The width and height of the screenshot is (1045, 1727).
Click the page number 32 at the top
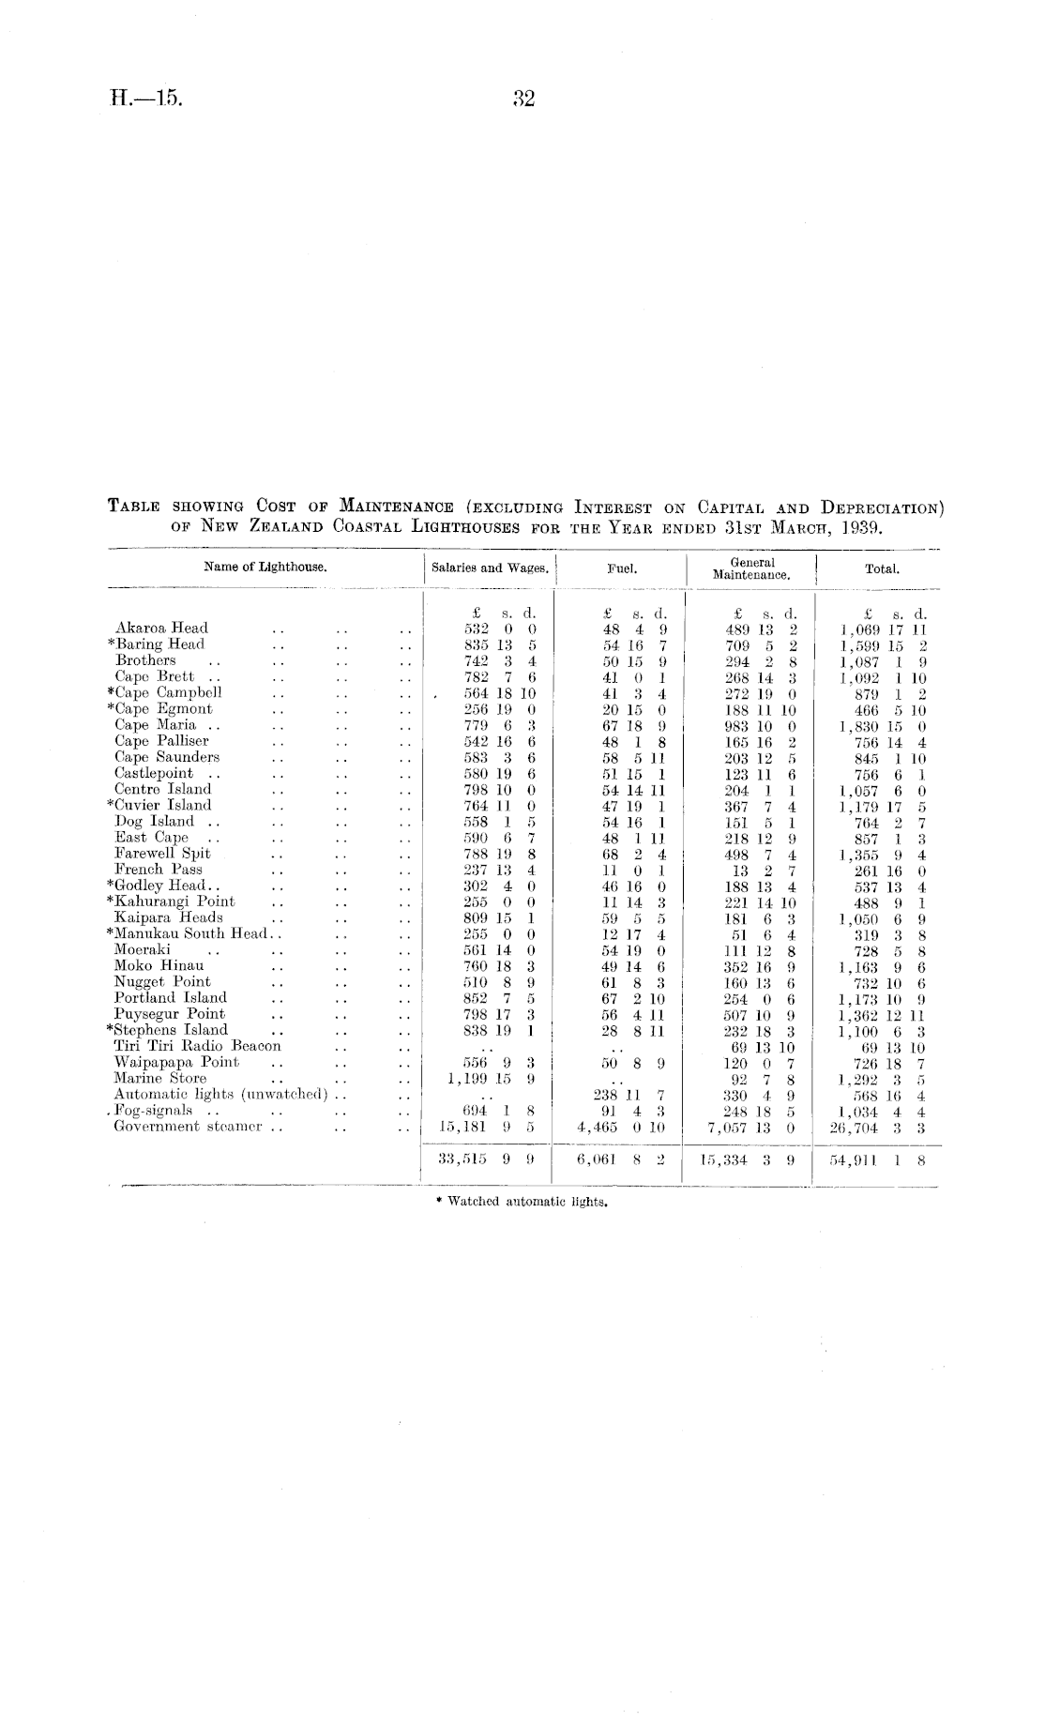(x=522, y=98)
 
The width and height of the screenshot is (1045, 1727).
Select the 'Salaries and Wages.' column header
(x=489, y=568)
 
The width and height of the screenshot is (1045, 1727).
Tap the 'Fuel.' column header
(x=620, y=568)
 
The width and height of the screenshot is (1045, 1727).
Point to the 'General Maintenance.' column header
(x=751, y=568)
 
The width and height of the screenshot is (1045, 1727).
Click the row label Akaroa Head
(x=161, y=628)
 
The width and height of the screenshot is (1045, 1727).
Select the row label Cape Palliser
(x=161, y=740)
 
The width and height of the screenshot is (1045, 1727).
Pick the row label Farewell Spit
(x=162, y=853)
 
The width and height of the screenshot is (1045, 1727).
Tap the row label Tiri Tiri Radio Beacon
(x=197, y=1045)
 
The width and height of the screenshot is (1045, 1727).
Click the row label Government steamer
(x=191, y=1126)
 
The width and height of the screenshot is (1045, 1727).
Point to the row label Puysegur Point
(x=169, y=1013)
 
